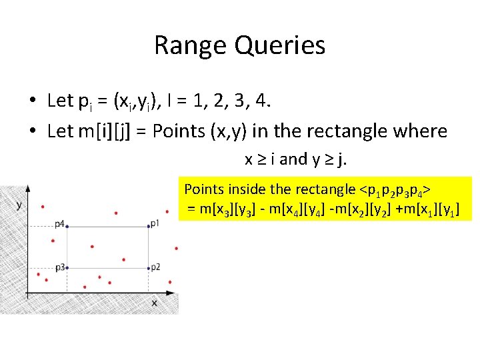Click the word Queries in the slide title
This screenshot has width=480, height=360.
point(280,46)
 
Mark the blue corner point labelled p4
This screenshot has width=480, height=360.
point(67,226)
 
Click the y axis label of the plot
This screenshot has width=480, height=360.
point(19,205)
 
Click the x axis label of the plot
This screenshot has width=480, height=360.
point(153,303)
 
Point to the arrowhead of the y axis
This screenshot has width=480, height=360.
point(27,189)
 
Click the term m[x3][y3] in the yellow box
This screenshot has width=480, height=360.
point(226,210)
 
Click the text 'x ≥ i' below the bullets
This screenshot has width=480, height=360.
point(260,159)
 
